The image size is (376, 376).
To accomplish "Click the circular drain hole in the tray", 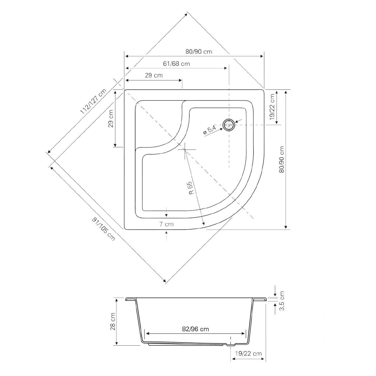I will [x=229, y=125].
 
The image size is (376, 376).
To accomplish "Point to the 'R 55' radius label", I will [x=191, y=188].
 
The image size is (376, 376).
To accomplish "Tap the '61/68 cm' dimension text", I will [x=176, y=64].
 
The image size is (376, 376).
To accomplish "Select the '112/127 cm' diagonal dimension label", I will [x=93, y=101].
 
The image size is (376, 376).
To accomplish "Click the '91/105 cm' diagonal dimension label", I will [x=104, y=229].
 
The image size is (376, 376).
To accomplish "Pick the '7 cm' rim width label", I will [x=166, y=224].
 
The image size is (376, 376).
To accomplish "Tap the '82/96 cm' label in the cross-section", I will [x=195, y=329].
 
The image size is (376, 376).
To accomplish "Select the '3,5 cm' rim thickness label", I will [x=282, y=301].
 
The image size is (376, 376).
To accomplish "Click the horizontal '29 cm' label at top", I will [x=154, y=75].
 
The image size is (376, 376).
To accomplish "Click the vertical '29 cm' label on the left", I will [x=111, y=118].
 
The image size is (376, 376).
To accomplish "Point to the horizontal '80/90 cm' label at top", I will [x=199, y=52].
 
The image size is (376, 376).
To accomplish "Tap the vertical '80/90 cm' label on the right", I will [x=282, y=159].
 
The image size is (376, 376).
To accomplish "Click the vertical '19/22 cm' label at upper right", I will [x=273, y=107].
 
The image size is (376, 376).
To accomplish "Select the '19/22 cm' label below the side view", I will [x=248, y=354].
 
